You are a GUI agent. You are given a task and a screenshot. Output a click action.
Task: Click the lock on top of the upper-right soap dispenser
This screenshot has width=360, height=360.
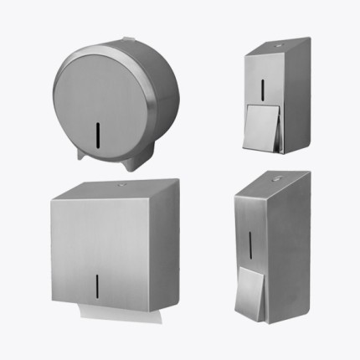pyautogui.click(x=278, y=42)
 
